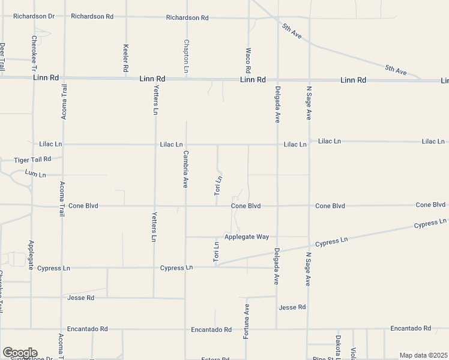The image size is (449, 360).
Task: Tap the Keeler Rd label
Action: (125, 55)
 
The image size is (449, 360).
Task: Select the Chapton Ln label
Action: (187, 54)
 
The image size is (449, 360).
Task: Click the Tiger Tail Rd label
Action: (33, 160)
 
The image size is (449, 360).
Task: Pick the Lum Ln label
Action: (35, 174)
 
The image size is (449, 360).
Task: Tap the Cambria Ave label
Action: (185, 169)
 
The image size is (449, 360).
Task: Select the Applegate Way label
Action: (247, 236)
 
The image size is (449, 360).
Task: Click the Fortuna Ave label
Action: (246, 322)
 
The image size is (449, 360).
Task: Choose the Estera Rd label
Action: (215, 359)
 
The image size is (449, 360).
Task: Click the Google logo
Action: (19, 353)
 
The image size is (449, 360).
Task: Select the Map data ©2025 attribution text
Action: (424, 355)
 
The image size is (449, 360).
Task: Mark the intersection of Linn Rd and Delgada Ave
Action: (277, 79)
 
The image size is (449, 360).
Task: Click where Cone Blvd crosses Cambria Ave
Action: (185, 206)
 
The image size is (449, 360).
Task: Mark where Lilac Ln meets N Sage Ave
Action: (309, 143)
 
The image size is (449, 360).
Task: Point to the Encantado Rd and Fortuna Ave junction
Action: (246, 329)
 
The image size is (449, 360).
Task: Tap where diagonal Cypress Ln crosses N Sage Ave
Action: (309, 246)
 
